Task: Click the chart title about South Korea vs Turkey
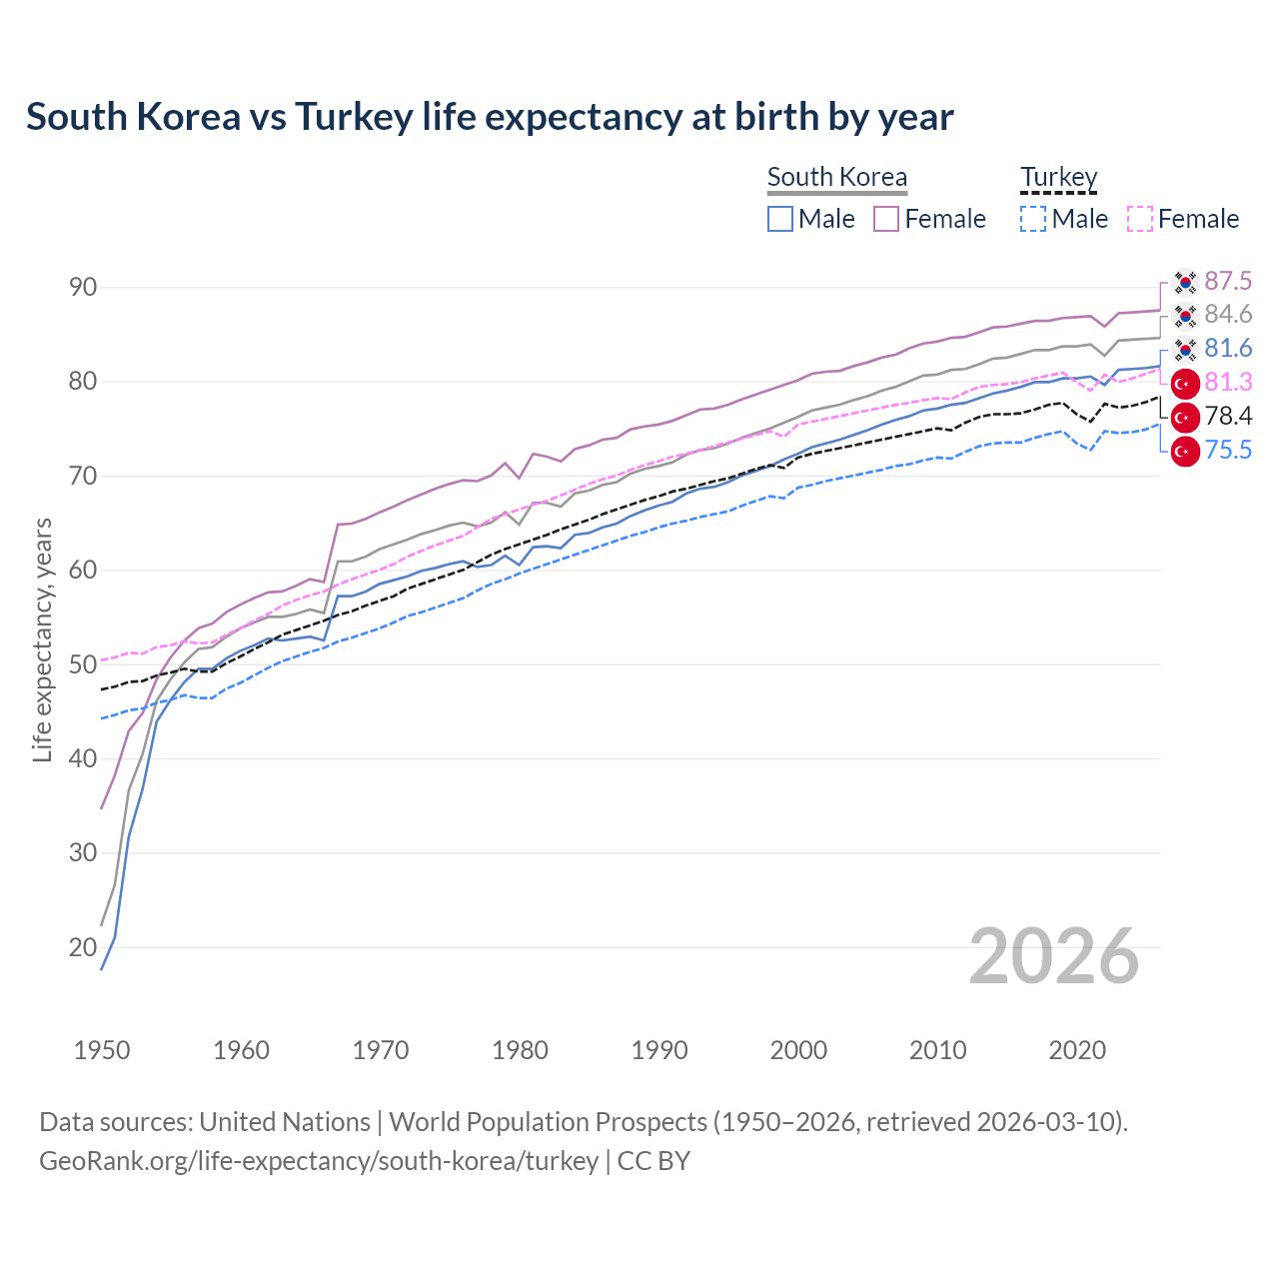(490, 117)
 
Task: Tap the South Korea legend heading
(836, 177)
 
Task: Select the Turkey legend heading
(1058, 177)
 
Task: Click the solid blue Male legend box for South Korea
(780, 219)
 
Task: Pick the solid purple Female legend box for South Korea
(886, 219)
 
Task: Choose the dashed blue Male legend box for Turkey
(1033, 219)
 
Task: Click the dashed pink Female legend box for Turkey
(1139, 219)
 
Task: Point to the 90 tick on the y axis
(83, 288)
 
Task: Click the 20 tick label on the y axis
(83, 947)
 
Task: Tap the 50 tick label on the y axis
(83, 664)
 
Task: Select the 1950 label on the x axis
(102, 1050)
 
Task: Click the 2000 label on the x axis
(798, 1050)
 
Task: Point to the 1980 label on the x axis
(520, 1050)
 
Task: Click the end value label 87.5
(1228, 281)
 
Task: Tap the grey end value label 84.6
(1228, 315)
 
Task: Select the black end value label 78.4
(1228, 417)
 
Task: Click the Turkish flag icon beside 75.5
(1185, 452)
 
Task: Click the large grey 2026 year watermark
(1054, 956)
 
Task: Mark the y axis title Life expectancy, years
(42, 639)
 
